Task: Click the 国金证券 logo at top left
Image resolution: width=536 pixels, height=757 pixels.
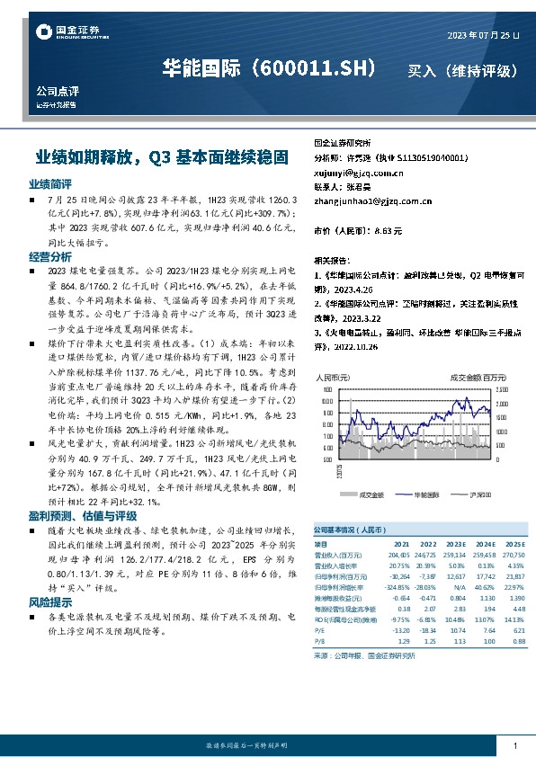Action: coord(68,32)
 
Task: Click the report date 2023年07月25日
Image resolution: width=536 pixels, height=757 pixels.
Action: coord(483,35)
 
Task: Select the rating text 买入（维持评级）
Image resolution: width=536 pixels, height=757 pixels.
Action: coord(462,70)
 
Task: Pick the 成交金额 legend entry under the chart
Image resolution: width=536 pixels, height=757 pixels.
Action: coord(371,494)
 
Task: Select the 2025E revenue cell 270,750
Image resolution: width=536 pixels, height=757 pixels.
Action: coord(514,557)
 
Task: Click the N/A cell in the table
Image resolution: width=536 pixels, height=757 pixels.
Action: coord(458,585)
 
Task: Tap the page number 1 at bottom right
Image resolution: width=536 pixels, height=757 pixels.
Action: coord(514,746)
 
